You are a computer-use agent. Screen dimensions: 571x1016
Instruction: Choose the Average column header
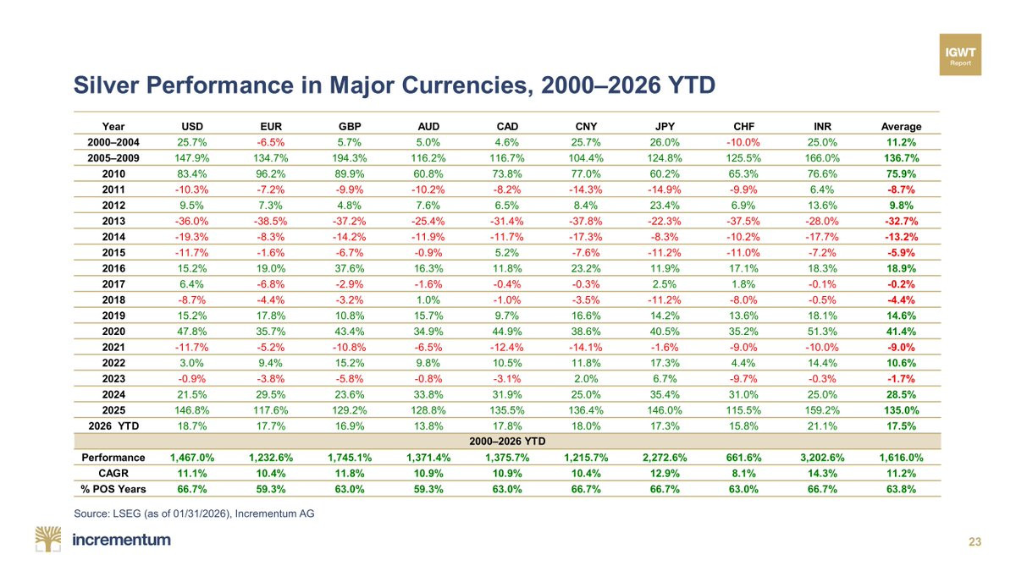coord(898,126)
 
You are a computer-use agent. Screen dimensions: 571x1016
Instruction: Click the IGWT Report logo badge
coord(960,55)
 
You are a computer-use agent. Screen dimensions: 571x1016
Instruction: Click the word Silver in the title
coord(105,85)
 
